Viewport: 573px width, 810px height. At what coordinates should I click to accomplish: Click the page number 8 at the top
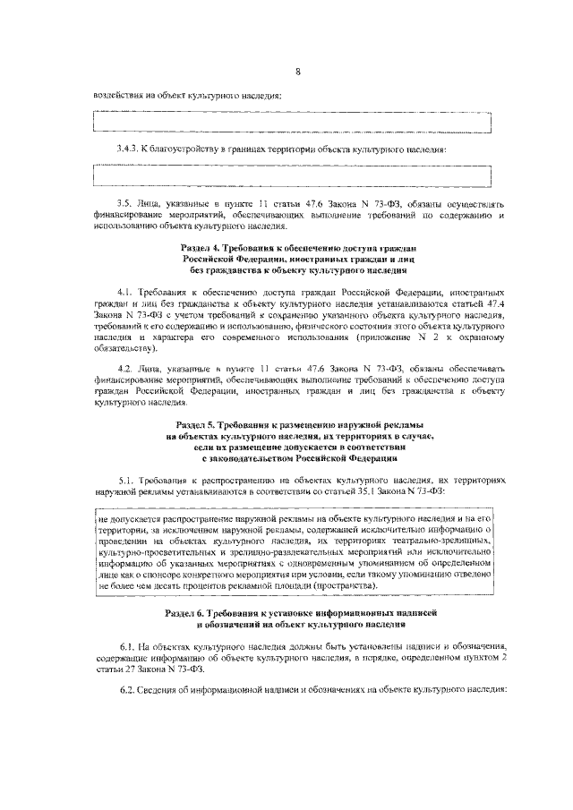(297, 71)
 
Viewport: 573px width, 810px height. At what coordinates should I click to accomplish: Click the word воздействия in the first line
(118, 95)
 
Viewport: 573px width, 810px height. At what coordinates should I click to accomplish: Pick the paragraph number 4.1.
(125, 293)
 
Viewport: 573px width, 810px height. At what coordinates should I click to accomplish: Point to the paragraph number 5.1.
(125, 481)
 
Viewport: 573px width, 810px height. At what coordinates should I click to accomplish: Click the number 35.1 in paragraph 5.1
(410, 492)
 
